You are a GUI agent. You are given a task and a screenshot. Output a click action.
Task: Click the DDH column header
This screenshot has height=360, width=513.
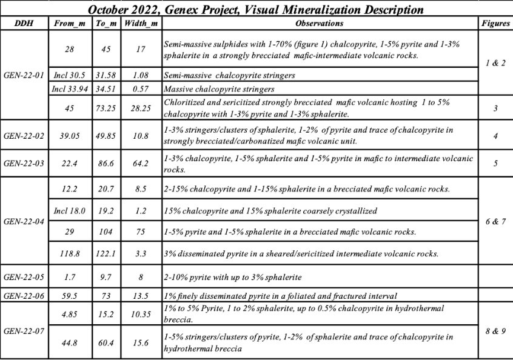24,24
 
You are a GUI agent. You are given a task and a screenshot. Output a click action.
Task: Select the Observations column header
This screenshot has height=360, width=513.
320,24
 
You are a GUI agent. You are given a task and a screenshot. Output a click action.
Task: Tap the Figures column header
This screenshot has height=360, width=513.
495,24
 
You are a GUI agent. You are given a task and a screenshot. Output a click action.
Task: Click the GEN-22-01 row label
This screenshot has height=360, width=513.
24,75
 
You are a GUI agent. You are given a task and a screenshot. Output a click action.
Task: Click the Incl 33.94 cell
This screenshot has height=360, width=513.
69,88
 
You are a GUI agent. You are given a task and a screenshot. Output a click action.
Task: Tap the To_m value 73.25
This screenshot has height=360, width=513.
107,108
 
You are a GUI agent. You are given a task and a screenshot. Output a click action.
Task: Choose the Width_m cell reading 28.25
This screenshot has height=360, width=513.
141,108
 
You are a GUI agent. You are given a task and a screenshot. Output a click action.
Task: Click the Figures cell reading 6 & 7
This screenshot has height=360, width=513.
495,221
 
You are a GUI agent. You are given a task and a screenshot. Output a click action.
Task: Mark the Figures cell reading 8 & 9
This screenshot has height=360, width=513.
495,330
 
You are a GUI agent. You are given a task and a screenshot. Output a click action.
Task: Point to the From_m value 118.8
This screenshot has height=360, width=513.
69,253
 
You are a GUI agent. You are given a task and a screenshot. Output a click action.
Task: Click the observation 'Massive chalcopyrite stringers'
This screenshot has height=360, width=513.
220,89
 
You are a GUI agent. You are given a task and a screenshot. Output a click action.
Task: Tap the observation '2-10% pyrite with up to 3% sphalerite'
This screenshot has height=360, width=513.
233,277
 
